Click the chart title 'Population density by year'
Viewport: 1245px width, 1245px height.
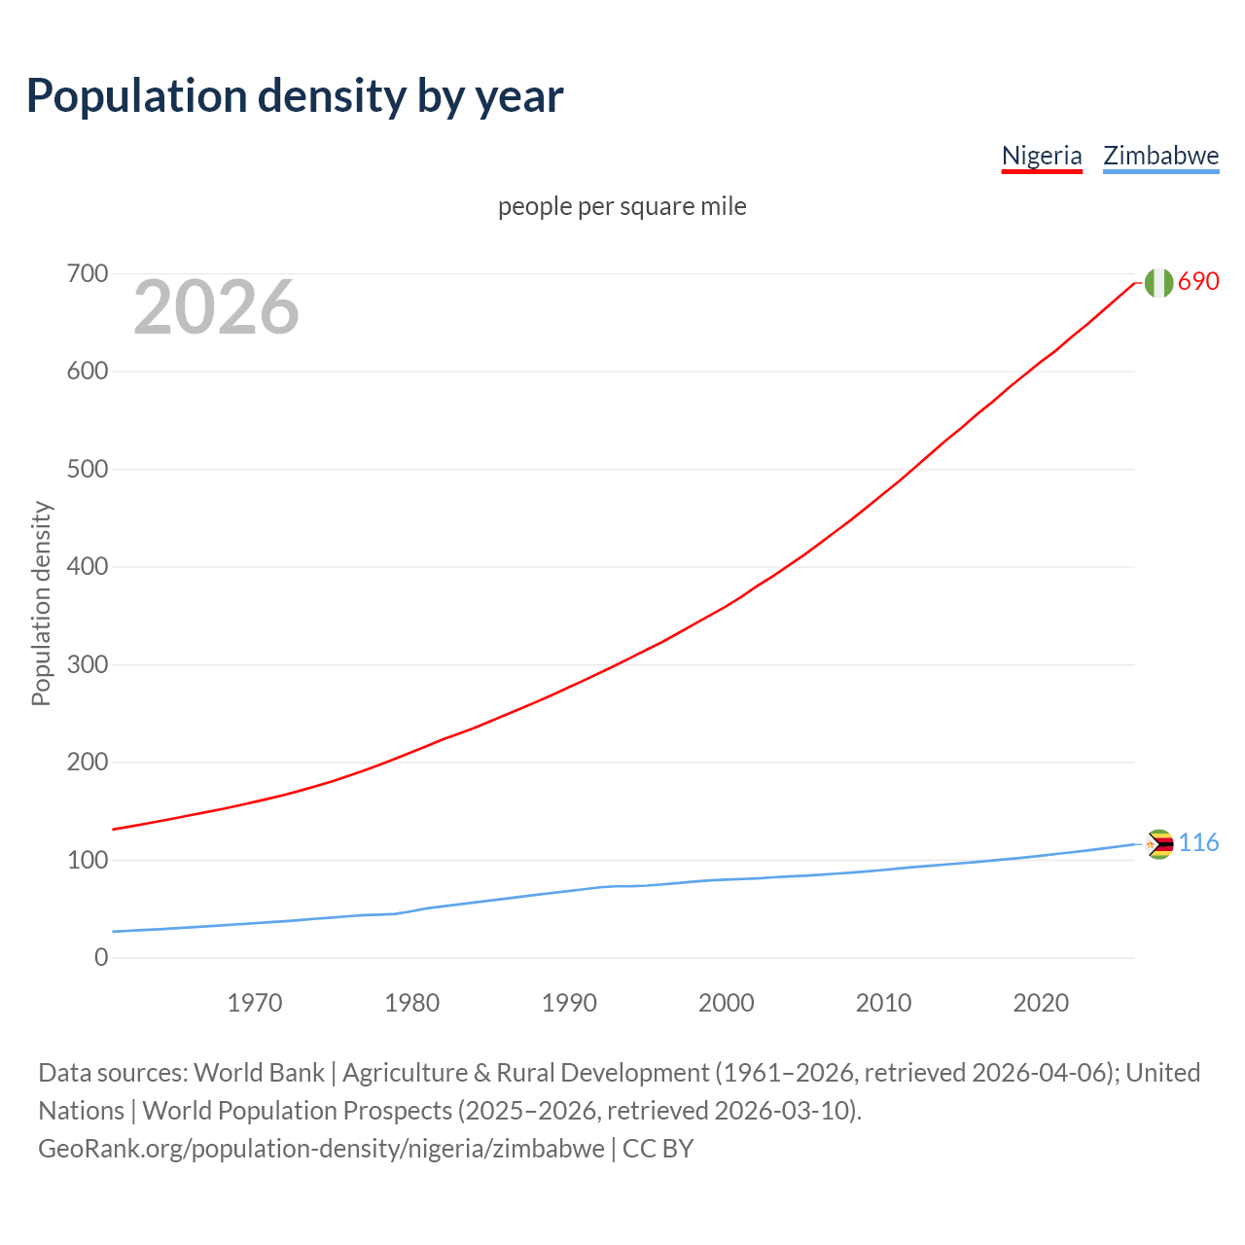pos(295,96)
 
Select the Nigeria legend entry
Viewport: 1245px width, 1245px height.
pos(1042,156)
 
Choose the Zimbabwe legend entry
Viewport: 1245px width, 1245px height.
pos(1160,156)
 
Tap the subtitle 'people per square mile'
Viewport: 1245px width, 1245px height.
pos(622,206)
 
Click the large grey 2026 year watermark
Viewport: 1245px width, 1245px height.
pos(216,307)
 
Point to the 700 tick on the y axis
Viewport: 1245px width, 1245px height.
pos(88,274)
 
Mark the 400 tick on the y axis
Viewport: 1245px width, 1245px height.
pos(88,567)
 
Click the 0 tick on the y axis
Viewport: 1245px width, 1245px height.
pos(101,958)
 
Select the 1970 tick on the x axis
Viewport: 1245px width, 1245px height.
pos(255,1003)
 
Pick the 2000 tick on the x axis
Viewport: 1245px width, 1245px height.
pos(727,1003)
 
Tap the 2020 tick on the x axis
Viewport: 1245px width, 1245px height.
pos(1041,1003)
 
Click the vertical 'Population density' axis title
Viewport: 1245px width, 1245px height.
pos(41,603)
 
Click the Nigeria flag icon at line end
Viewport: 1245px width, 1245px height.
pos(1158,282)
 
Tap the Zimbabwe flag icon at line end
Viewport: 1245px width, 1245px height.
pos(1159,844)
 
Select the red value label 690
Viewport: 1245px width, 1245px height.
pos(1198,281)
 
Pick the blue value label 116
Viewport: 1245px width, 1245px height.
pos(1198,842)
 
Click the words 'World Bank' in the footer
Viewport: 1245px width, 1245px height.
pos(259,1073)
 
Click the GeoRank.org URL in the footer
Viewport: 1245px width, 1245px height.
pos(321,1149)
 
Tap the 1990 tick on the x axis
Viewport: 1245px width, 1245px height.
pos(569,1003)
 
